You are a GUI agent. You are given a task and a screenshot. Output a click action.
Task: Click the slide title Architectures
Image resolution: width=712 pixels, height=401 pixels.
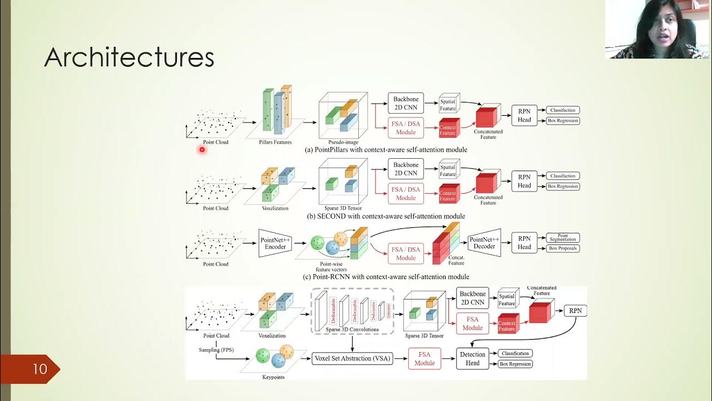click(129, 57)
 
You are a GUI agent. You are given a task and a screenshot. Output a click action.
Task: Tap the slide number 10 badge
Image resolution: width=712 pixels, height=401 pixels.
click(39, 369)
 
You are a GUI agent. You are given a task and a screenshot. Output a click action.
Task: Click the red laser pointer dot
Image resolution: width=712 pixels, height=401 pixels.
click(202, 149)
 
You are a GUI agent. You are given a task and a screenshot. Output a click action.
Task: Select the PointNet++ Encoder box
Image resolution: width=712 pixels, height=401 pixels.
click(275, 243)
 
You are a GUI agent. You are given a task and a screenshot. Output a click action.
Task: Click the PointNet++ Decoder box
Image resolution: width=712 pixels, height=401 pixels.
click(484, 243)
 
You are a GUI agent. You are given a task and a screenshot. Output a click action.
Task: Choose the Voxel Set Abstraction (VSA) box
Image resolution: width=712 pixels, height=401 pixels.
click(352, 359)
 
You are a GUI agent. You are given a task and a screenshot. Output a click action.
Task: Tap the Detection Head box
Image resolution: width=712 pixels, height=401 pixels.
click(472, 359)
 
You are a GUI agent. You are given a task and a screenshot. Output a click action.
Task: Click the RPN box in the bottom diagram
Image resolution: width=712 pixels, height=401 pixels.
click(576, 310)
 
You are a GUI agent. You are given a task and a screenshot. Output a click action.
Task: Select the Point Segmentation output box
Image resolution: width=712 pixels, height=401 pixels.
click(563, 238)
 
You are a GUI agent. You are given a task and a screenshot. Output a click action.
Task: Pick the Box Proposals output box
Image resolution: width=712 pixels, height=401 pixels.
click(563, 248)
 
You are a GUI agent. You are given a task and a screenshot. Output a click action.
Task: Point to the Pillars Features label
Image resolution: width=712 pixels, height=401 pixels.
click(275, 143)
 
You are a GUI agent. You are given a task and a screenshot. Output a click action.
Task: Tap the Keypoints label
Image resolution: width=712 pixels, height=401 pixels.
click(273, 377)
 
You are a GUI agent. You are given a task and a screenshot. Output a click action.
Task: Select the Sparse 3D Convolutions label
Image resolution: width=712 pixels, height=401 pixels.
click(353, 330)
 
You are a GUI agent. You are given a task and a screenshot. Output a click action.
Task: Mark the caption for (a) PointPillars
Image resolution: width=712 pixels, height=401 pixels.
click(385, 150)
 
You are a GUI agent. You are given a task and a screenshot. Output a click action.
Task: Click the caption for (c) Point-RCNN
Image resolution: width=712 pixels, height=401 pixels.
click(385, 277)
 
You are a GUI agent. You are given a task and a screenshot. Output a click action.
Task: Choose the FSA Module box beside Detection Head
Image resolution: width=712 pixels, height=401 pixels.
click(424, 359)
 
